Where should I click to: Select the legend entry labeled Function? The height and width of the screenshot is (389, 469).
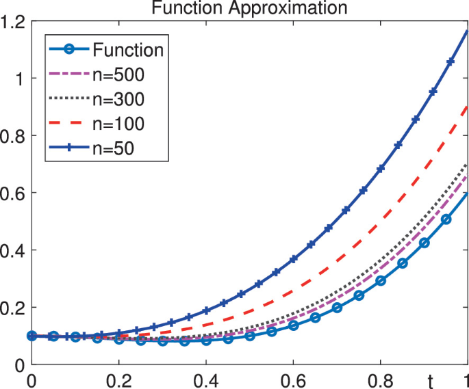(128, 49)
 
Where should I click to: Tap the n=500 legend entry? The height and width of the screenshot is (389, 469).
(118, 74)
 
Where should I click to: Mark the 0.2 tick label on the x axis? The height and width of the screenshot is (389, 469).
(118, 378)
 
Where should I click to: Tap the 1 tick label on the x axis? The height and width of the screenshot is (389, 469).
(465, 378)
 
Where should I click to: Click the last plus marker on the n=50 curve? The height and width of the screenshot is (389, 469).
(451, 62)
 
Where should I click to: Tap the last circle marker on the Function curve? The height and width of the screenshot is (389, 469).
(446, 219)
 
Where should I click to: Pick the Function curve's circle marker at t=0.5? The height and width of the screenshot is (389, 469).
(250, 336)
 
